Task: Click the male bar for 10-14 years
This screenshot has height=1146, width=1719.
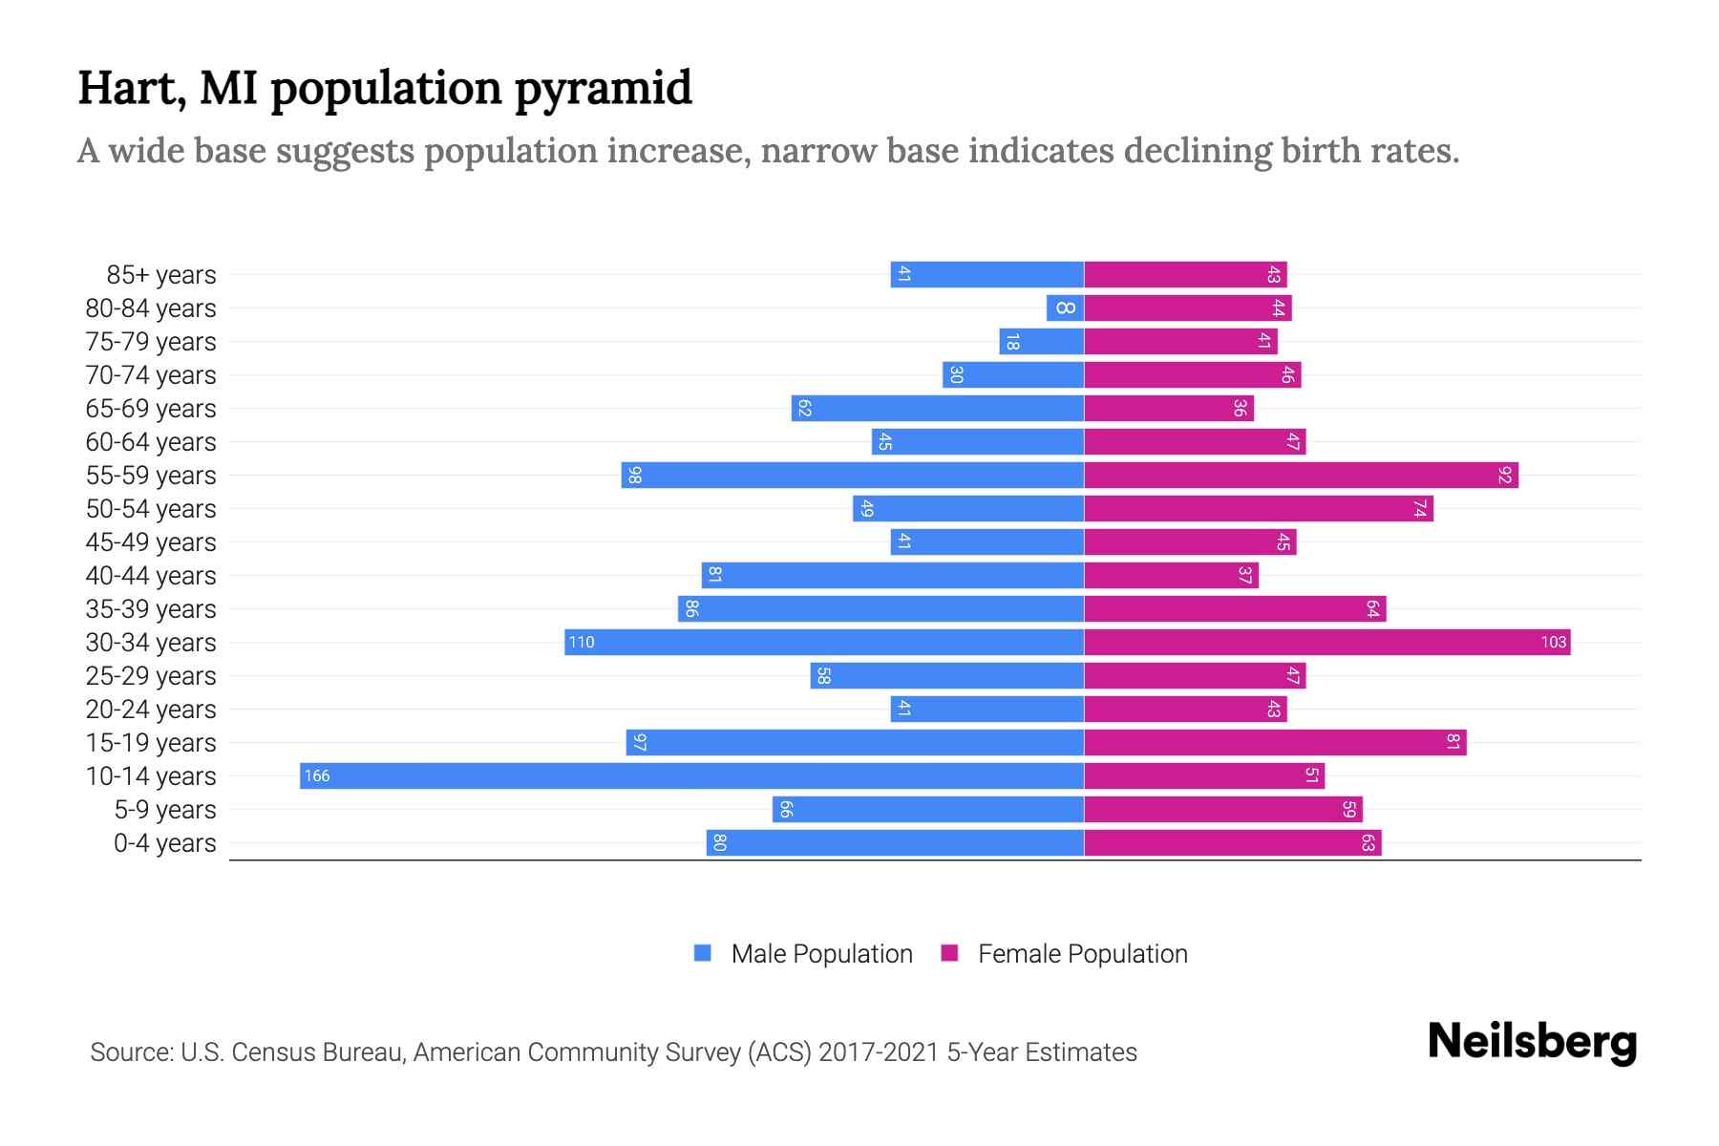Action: click(x=691, y=775)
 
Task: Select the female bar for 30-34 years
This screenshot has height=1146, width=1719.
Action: click(x=1326, y=642)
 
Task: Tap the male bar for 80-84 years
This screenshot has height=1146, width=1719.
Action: click(x=1065, y=308)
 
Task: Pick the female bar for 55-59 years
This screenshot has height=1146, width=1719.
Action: click(x=1301, y=475)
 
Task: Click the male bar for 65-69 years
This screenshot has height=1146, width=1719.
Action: click(x=937, y=408)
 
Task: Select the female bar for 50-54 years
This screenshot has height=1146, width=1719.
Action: click(x=1258, y=508)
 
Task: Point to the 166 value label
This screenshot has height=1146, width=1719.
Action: click(x=317, y=776)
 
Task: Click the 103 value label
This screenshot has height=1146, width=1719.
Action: click(x=1553, y=643)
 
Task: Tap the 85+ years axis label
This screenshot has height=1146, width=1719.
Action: click(x=161, y=275)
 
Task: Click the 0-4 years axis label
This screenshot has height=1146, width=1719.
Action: click(x=164, y=843)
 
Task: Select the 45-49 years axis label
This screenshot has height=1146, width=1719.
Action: click(x=151, y=542)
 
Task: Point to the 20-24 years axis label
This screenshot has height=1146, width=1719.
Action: click(x=151, y=710)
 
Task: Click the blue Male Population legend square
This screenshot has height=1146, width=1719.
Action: click(x=703, y=953)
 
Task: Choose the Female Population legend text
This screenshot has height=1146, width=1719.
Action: click(x=1082, y=954)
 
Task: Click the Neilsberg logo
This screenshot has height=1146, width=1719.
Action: click(x=1532, y=1042)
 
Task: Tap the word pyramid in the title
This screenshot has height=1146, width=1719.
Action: click(x=603, y=90)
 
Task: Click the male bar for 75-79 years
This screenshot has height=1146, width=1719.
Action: click(x=1041, y=341)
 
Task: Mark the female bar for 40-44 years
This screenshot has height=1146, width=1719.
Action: click(x=1171, y=575)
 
